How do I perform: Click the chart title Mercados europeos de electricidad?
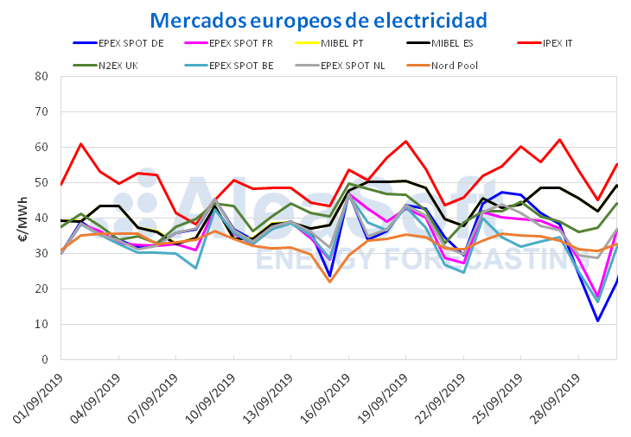[x=318, y=20]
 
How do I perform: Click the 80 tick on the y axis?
[x=41, y=76]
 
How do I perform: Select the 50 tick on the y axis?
[x=41, y=182]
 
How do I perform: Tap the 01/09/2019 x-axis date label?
[x=37, y=399]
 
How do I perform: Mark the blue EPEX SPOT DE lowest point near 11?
[x=597, y=321]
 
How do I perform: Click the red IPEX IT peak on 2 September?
[x=80, y=144]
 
